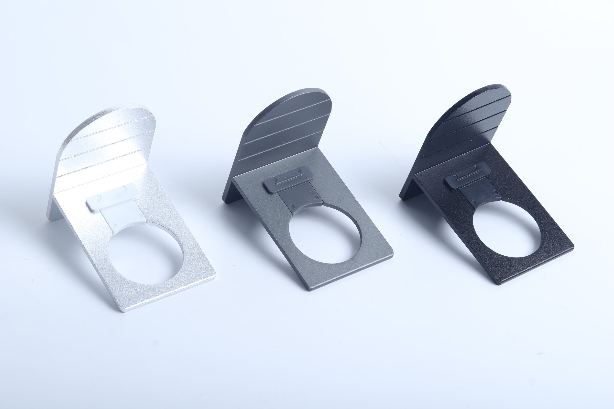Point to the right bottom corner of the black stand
(572, 246)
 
